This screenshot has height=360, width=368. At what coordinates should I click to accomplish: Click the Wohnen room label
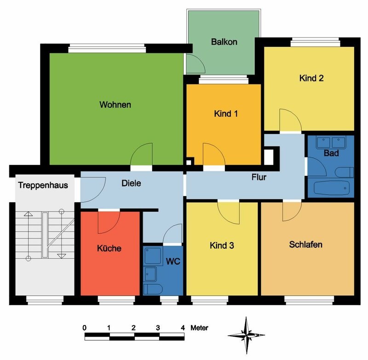[115, 105]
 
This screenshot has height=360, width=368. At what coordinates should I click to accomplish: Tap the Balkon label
[224, 42]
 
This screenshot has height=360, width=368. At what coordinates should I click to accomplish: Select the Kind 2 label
[311, 78]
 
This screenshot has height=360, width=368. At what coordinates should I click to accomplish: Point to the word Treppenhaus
[43, 185]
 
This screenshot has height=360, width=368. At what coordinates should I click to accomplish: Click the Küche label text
[109, 248]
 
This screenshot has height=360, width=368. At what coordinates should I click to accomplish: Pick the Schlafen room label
[305, 244]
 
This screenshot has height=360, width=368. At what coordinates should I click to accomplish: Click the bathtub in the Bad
[331, 188]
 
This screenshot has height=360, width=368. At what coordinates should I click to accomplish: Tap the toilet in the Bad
[344, 172]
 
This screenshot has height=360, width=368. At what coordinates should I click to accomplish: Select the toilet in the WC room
[153, 289]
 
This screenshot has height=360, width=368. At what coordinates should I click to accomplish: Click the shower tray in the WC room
[154, 255]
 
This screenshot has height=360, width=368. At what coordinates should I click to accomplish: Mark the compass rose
[246, 335]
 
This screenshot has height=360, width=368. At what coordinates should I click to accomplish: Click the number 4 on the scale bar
[183, 328]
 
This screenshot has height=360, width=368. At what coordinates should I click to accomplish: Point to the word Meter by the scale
[199, 328]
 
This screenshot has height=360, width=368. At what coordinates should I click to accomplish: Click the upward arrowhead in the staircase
[28, 214]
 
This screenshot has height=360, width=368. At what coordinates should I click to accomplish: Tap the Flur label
[259, 177]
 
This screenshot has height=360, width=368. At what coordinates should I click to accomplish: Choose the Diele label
[131, 183]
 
